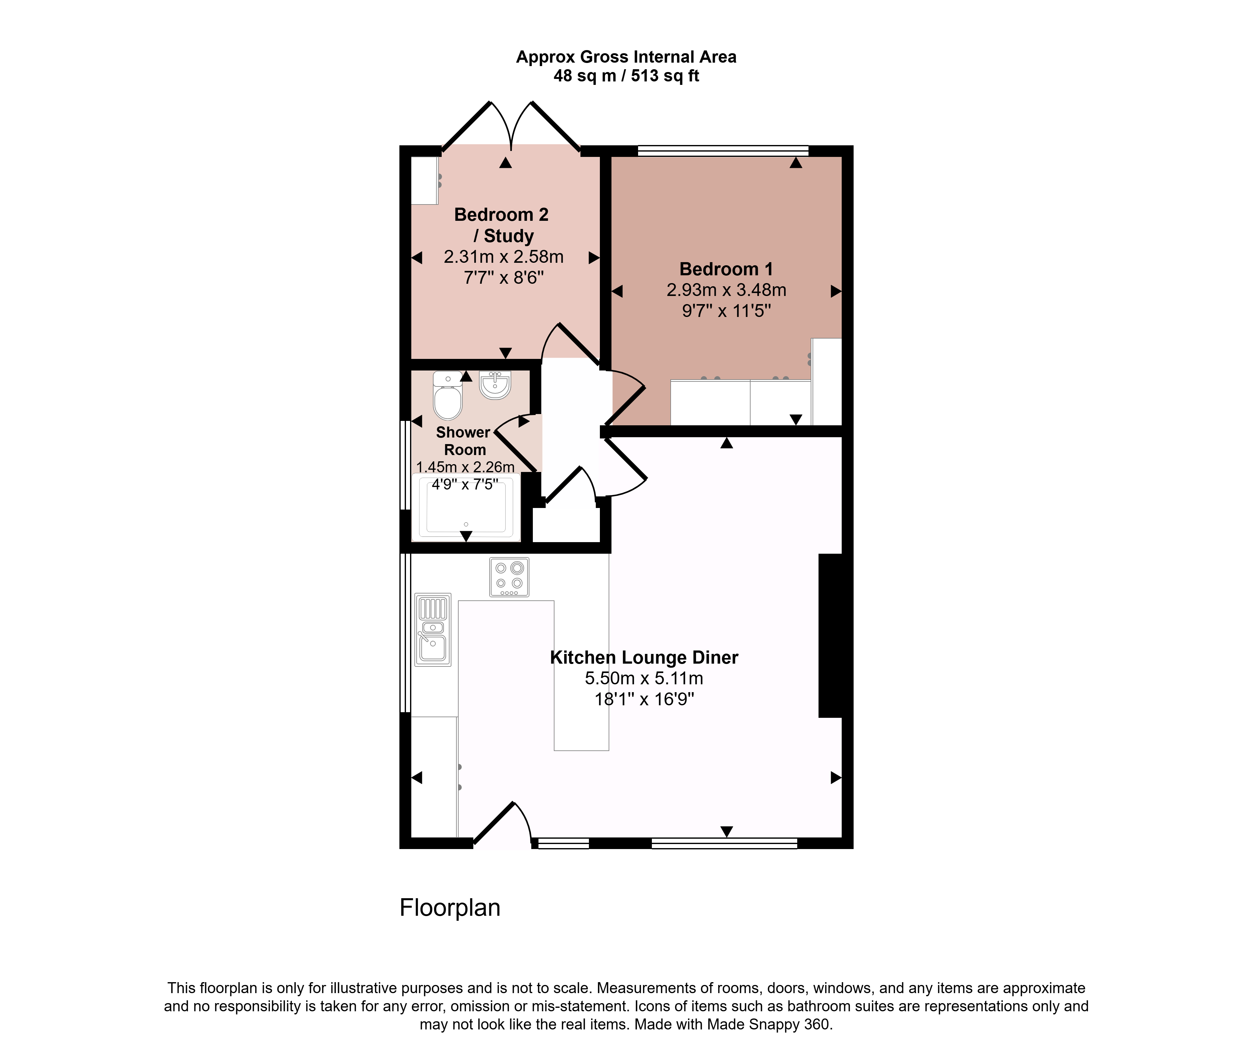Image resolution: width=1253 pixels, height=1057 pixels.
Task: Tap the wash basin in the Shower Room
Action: tap(495, 385)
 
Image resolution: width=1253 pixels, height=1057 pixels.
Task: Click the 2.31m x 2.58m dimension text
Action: tap(503, 257)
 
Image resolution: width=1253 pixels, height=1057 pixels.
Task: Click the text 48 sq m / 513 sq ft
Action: tap(626, 76)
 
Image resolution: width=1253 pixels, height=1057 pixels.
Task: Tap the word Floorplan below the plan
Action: tap(450, 908)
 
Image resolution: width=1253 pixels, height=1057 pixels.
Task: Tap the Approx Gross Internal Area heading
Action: tap(626, 57)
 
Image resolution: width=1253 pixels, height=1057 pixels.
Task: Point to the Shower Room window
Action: tap(406, 465)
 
